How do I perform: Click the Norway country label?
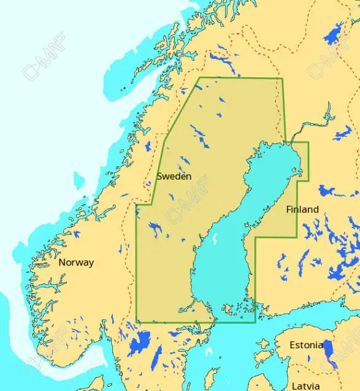[x=76, y=262]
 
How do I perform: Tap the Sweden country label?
[x=174, y=176]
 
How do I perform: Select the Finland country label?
[x=302, y=209]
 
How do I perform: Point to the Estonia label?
[x=306, y=345]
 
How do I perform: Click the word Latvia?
[x=305, y=385]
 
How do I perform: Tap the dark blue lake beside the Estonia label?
[x=329, y=352]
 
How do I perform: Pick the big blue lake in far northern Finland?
[x=334, y=36]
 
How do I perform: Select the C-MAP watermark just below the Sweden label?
[x=182, y=208]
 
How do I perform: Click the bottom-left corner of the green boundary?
[x=137, y=321]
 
